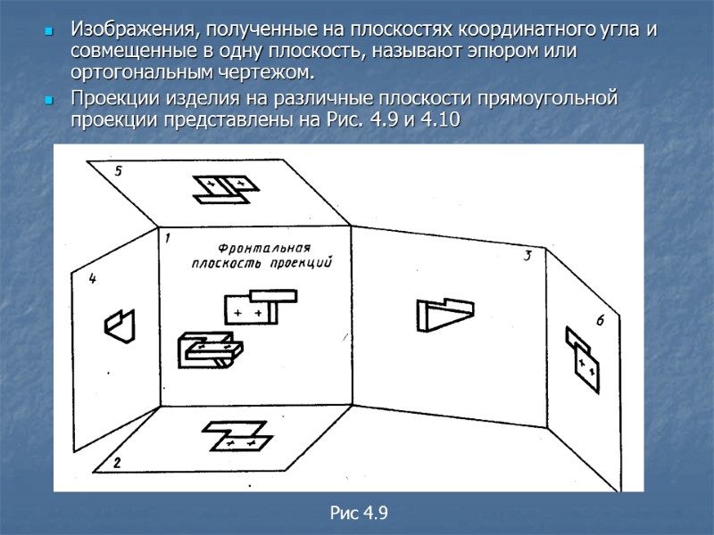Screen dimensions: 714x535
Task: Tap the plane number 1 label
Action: [x=166, y=237]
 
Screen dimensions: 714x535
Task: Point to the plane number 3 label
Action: [x=527, y=257]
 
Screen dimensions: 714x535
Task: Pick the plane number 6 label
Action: [x=600, y=321]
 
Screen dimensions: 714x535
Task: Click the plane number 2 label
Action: [x=116, y=463]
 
